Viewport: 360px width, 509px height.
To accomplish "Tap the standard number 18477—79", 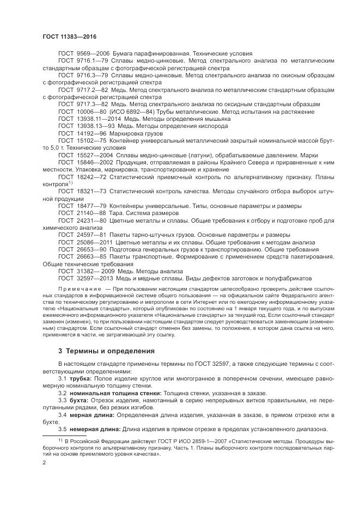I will (91, 205).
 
